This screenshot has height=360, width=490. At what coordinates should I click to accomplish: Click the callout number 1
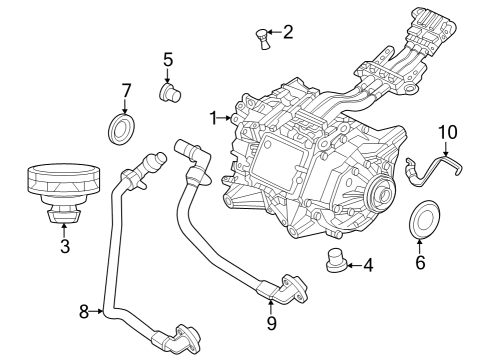click(213, 118)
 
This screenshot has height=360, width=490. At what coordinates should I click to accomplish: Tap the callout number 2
click(288, 32)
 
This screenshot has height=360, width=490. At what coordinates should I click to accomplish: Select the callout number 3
click(63, 244)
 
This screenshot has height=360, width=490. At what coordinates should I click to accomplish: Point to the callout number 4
click(368, 266)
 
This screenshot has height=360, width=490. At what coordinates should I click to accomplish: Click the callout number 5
click(168, 59)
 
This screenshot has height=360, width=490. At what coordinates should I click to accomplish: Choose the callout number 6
click(420, 263)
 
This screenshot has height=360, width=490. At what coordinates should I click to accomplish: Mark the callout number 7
click(126, 91)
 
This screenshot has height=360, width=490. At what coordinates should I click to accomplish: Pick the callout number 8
click(84, 311)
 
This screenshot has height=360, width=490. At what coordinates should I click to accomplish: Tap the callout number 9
click(271, 323)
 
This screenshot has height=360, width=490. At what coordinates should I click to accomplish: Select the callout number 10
click(446, 131)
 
